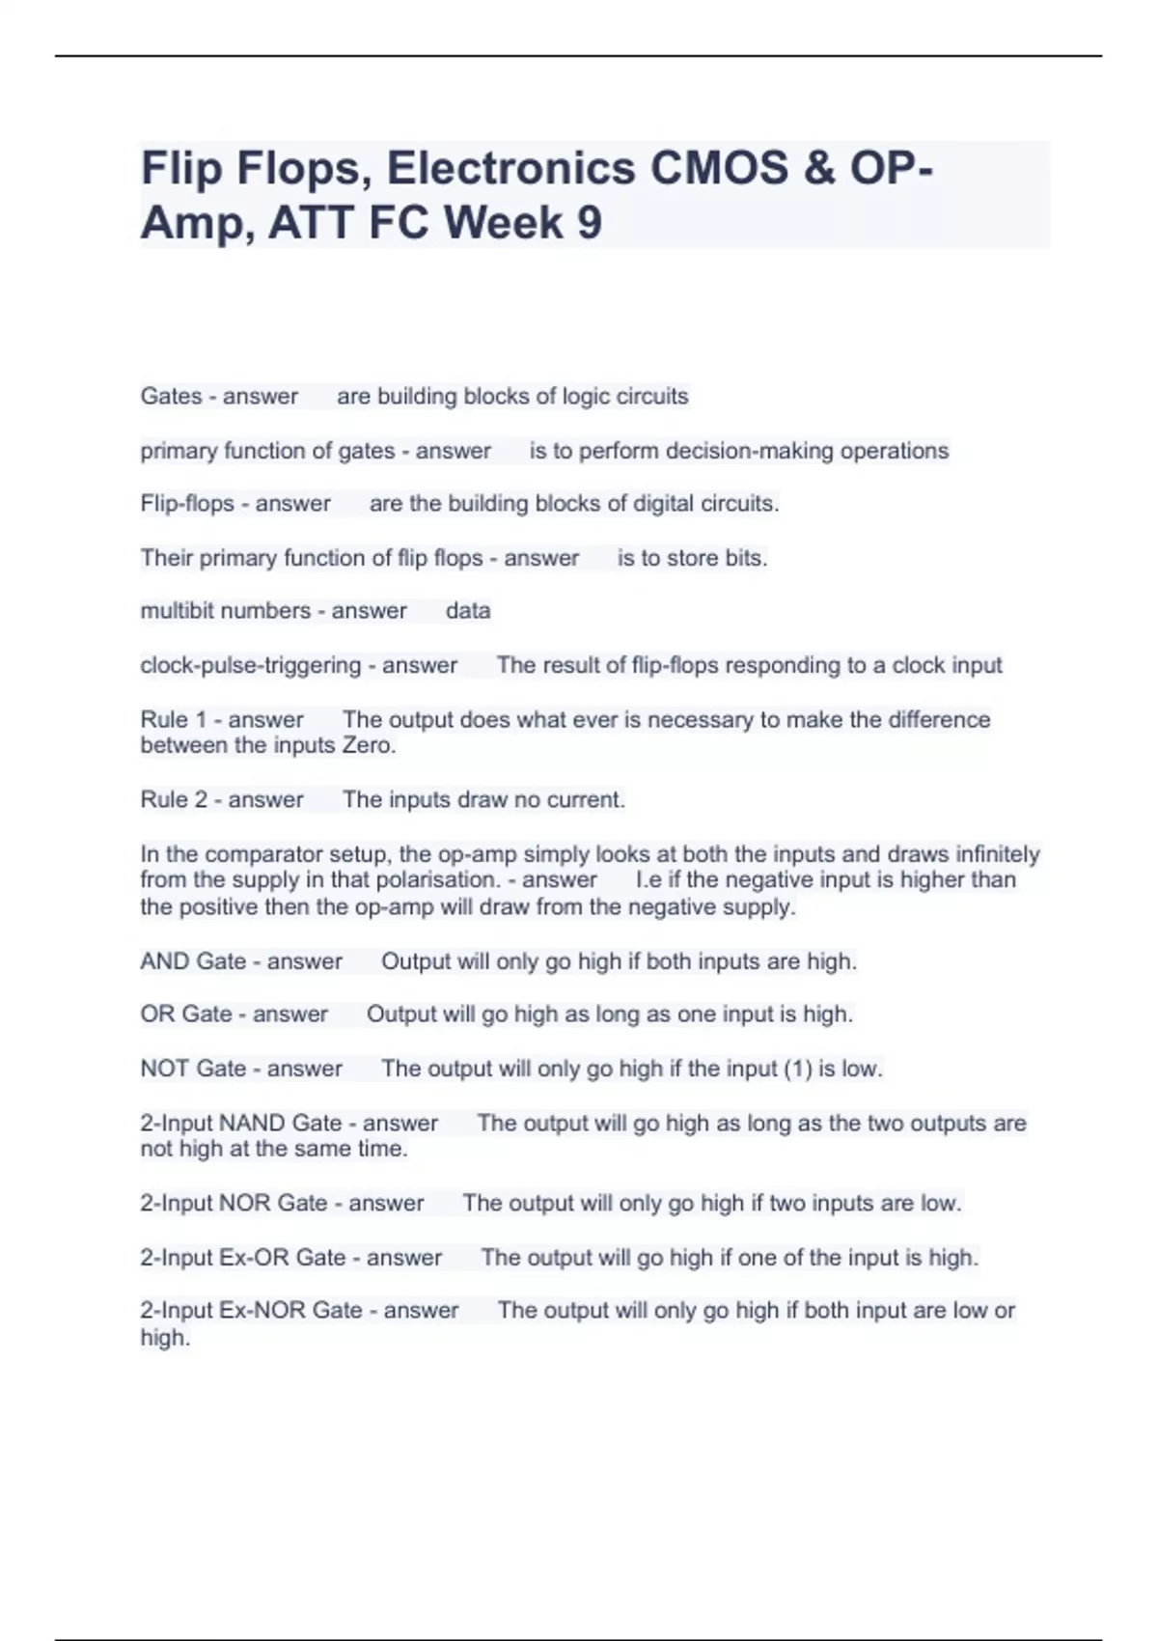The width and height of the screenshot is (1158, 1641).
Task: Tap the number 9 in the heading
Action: point(589,223)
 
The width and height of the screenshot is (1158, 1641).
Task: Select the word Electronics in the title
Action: point(510,168)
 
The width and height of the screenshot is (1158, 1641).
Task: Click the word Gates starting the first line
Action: point(171,397)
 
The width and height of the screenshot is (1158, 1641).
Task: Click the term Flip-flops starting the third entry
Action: point(187,504)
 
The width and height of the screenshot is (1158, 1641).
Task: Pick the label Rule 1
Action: point(174,720)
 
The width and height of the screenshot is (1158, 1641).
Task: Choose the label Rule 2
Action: point(174,800)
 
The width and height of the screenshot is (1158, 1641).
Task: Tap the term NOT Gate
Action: point(193,1069)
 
